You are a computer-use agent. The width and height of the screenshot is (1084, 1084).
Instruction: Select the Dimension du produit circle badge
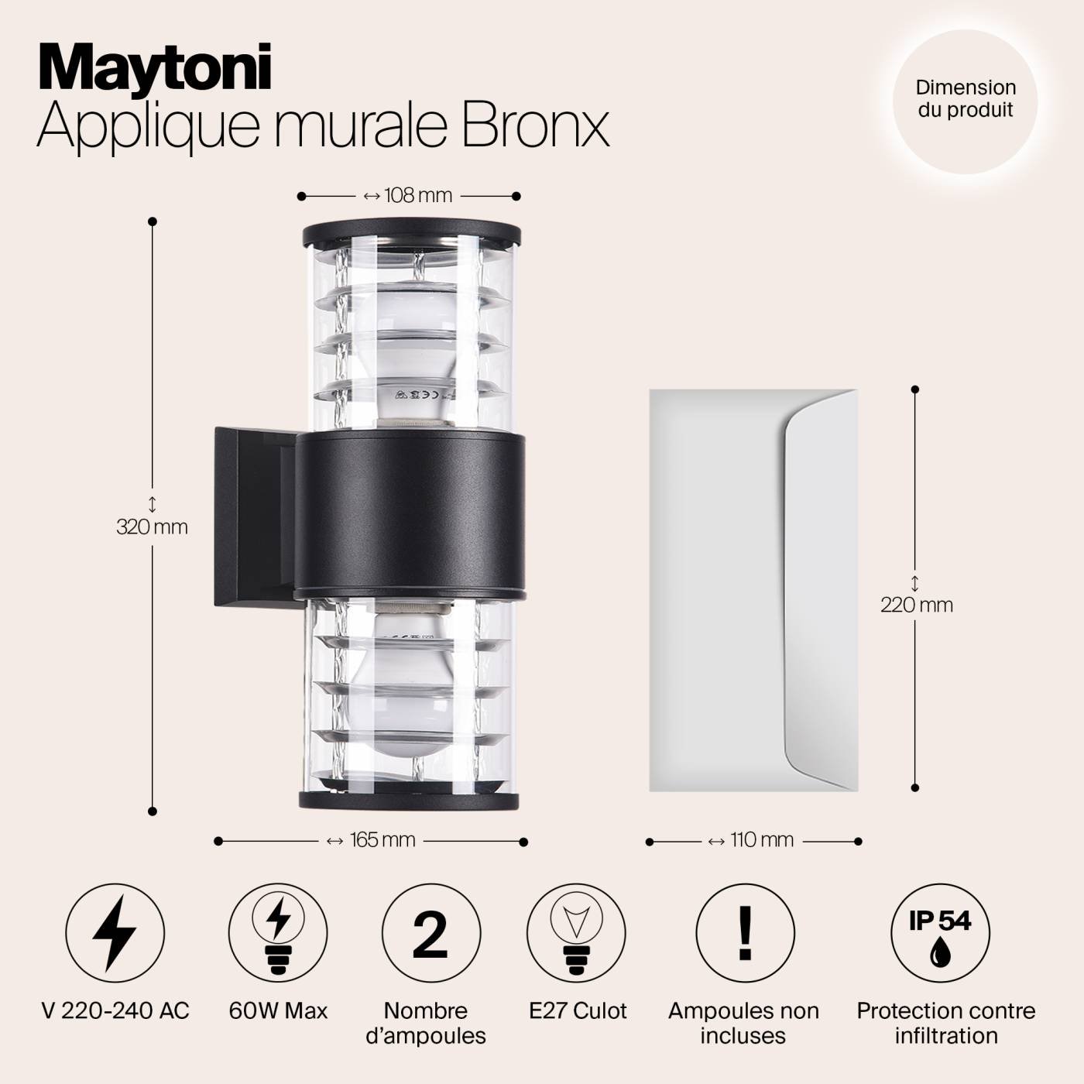966,99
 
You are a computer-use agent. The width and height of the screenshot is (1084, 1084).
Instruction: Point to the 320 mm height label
153,527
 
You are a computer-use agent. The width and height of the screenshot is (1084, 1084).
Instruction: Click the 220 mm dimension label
916,604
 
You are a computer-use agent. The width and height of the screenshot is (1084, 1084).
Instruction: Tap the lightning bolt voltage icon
115,932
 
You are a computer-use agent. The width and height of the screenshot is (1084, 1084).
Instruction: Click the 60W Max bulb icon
278,932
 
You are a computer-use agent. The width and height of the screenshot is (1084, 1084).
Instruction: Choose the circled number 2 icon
431,932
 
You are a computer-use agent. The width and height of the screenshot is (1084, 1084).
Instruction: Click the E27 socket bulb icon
576,932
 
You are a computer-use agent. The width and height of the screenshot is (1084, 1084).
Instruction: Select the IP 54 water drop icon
940,932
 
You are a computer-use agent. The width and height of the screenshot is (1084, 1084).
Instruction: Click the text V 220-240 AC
115,1011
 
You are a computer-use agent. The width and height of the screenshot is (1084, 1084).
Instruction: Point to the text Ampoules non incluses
743,1023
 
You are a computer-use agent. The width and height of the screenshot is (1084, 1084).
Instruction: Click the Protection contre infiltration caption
945,1023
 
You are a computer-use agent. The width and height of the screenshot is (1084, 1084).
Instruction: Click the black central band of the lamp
410,515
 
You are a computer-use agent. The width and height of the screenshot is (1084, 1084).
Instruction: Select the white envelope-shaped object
753,590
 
